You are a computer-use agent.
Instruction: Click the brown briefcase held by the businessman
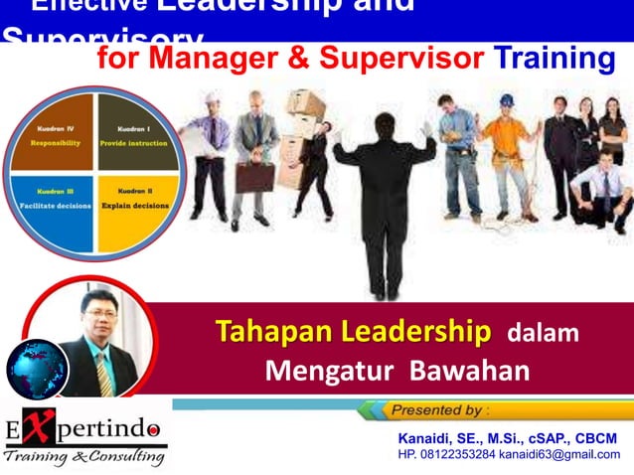tap(253, 177)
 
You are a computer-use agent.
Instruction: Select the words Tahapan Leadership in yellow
tap(354, 332)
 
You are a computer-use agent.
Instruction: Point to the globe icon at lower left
tap(37, 369)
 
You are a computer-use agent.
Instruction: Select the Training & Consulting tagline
tap(83, 457)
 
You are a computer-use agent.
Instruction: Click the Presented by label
tap(438, 409)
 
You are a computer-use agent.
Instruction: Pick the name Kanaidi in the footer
tap(427, 438)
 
